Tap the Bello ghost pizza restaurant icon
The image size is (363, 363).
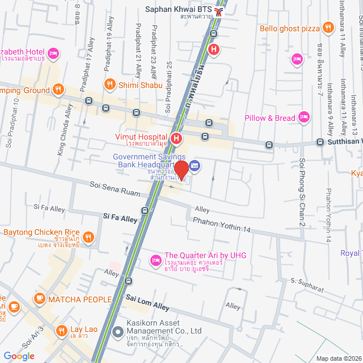tap(328, 27)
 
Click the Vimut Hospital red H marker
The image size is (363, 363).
tap(177, 138)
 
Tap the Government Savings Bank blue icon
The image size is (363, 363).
tap(195, 165)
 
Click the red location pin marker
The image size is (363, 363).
tap(181, 170)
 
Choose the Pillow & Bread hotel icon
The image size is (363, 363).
tap(304, 117)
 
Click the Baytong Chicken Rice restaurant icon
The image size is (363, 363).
tap(88, 237)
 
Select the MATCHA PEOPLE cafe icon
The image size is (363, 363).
tap(40, 298)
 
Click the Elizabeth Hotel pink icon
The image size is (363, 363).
tap(53, 53)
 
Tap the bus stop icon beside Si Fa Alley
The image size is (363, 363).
tap(145, 210)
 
